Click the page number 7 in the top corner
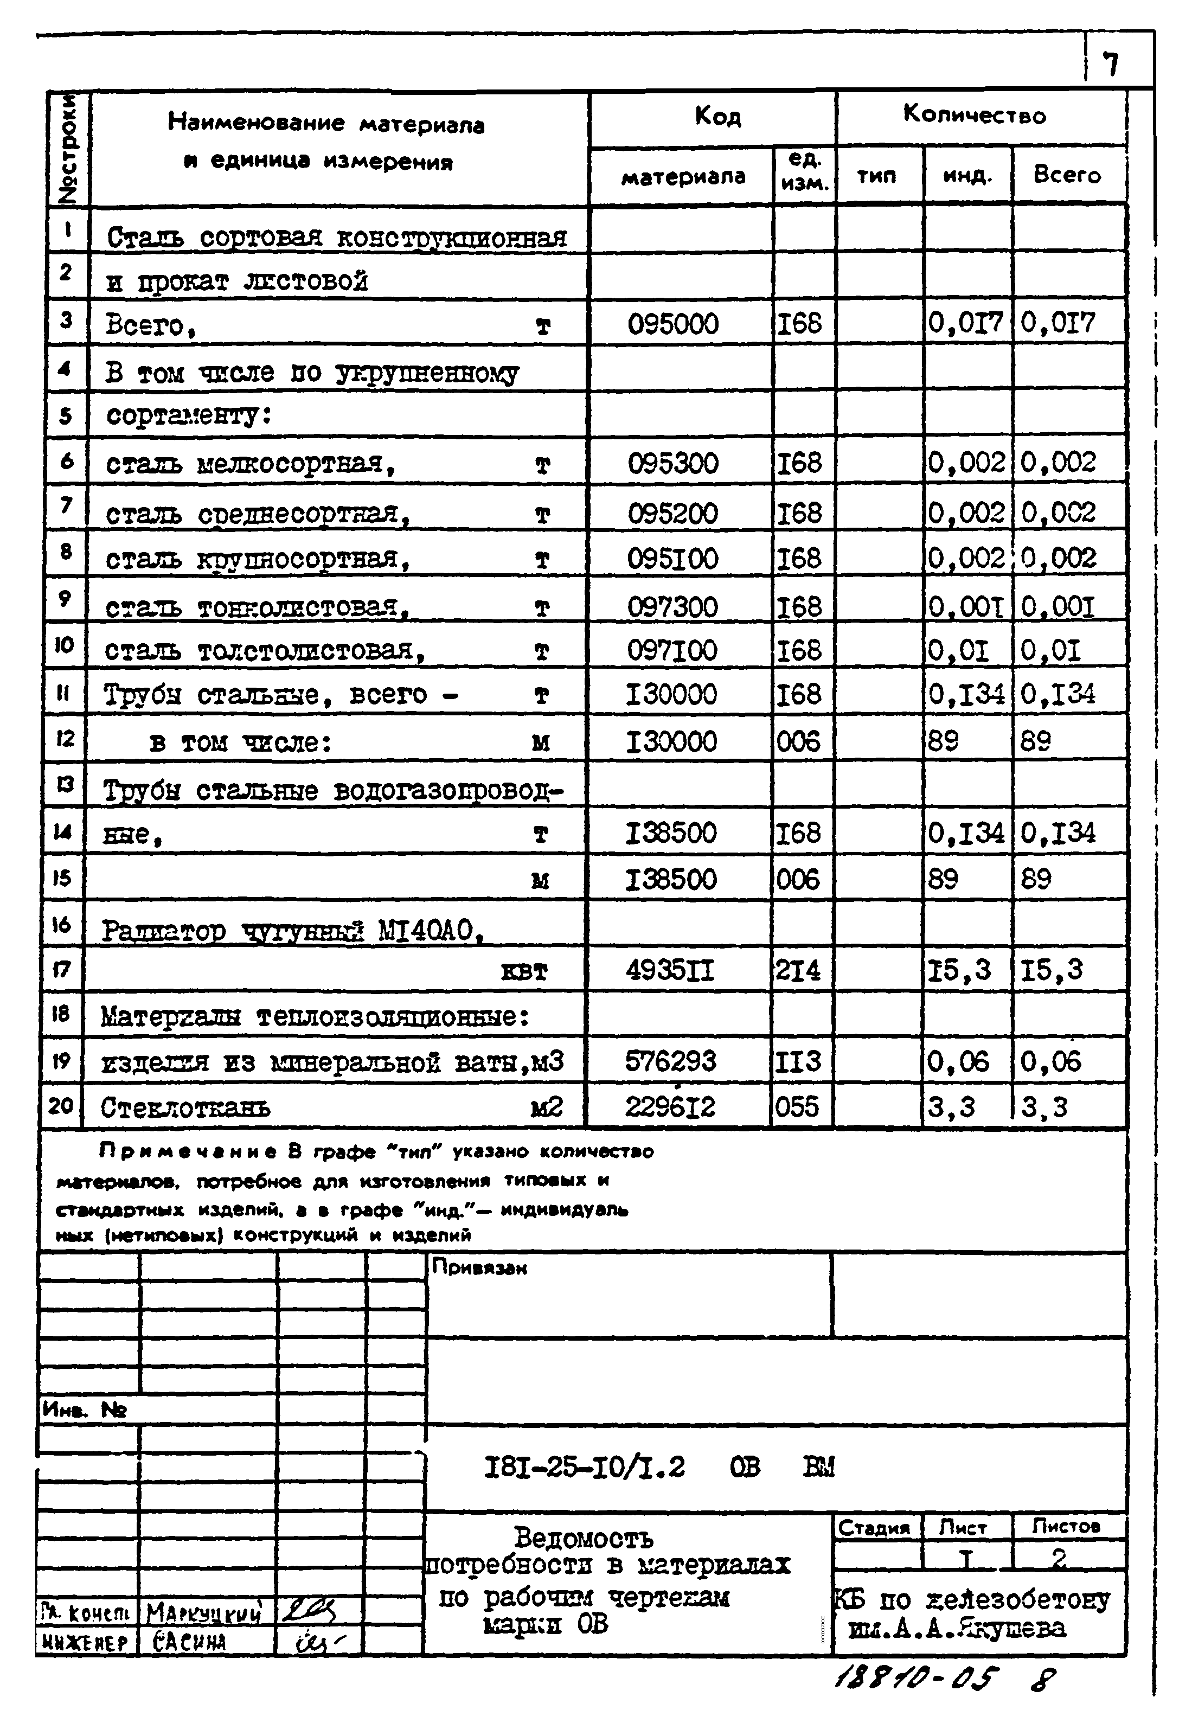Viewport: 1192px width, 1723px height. point(1111,65)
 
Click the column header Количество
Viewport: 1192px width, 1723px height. point(974,114)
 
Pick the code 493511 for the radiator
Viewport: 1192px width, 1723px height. point(669,971)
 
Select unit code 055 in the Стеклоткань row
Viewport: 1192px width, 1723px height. point(796,1107)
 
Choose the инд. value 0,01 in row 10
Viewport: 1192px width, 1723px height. point(958,651)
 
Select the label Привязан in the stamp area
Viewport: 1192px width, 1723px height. point(479,1267)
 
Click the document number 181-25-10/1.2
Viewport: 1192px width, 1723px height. point(584,1468)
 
